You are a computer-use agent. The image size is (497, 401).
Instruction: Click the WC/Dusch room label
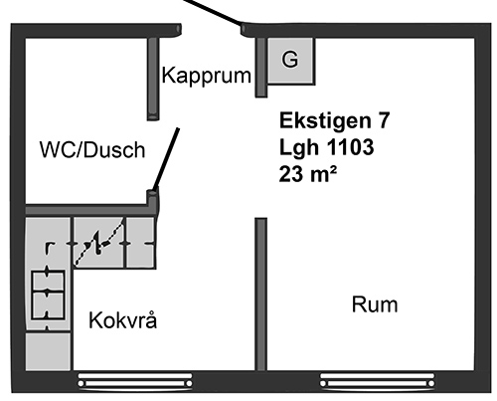pyautogui.click(x=92, y=149)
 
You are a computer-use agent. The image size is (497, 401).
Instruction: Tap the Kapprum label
pyautogui.click(x=206, y=76)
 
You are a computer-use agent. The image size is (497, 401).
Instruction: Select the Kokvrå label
pyautogui.click(x=123, y=320)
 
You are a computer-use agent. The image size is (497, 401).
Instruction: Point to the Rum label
pyautogui.click(x=375, y=304)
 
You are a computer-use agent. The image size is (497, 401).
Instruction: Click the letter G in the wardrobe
pyautogui.click(x=290, y=60)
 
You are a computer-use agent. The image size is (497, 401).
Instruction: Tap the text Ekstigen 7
pyautogui.click(x=335, y=120)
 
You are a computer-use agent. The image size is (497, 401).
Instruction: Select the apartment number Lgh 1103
pyautogui.click(x=327, y=147)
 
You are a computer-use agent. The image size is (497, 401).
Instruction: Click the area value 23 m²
pyautogui.click(x=308, y=173)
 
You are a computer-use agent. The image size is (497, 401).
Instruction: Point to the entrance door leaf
pyautogui.click(x=212, y=13)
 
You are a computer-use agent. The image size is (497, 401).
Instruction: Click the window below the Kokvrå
pyautogui.click(x=135, y=380)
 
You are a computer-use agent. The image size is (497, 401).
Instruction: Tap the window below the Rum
pyautogui.click(x=378, y=380)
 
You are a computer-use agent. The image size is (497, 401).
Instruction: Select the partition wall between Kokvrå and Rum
pyautogui.click(x=260, y=294)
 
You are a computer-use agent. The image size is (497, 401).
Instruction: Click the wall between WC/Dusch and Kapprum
pyautogui.click(x=153, y=79)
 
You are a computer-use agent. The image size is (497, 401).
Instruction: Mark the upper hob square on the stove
pyautogui.click(x=48, y=282)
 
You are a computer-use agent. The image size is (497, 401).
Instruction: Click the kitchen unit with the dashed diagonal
pyautogui.click(x=98, y=243)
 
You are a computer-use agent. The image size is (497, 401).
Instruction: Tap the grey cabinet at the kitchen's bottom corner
pyautogui.click(x=48, y=351)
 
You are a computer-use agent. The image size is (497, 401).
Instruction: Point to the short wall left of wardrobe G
pyautogui.click(x=261, y=68)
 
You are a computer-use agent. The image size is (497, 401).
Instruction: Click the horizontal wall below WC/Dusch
pyautogui.click(x=89, y=210)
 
